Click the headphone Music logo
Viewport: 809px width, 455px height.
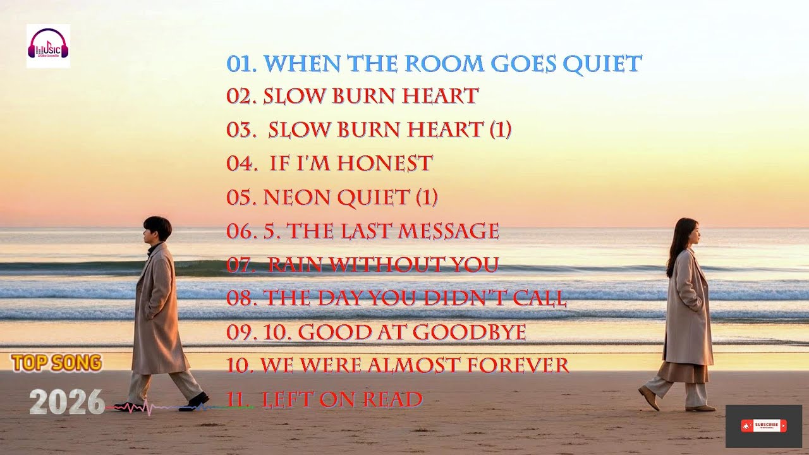pos(48,45)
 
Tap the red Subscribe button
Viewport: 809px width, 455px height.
pos(763,426)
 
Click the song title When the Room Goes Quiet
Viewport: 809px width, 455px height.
pos(434,63)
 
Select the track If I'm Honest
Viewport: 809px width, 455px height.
pos(351,163)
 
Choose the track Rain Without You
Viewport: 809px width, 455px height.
pos(383,264)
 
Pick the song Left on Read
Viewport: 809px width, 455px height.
pos(342,399)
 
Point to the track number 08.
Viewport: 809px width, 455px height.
pos(240,298)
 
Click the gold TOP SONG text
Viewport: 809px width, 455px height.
pos(56,363)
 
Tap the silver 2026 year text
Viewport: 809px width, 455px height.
pos(66,402)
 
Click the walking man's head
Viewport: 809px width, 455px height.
pos(157,229)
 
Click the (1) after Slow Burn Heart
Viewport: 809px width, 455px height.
pos(500,130)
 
